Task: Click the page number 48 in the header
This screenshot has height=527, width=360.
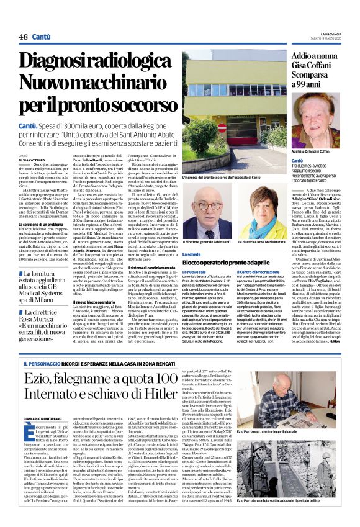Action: click(x=23, y=38)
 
